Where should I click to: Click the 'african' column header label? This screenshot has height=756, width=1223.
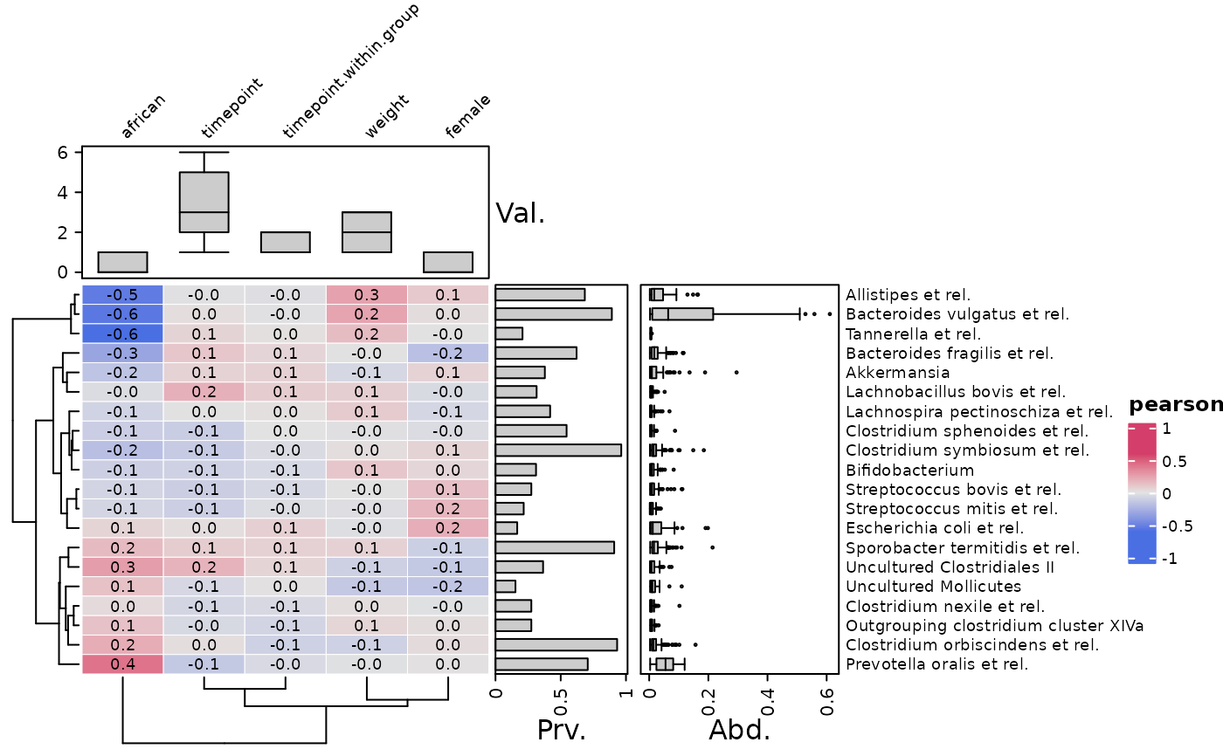[x=142, y=115]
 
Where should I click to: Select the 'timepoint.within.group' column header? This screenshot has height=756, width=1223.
[x=350, y=71]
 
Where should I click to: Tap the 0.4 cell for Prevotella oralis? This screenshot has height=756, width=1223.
[x=122, y=664]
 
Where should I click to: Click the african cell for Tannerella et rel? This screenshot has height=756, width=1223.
[x=122, y=333]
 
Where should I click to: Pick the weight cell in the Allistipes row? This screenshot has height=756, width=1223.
[x=366, y=294]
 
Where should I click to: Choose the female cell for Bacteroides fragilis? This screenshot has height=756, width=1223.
[x=447, y=353]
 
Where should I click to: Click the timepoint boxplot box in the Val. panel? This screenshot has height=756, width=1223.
[x=204, y=203]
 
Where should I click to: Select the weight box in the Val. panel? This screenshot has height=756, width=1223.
[x=367, y=232]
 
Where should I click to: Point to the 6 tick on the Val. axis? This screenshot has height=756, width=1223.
[x=62, y=152]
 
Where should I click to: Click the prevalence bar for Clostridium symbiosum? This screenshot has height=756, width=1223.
[x=558, y=450]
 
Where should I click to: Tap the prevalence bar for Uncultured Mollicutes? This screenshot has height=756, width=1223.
[x=506, y=587]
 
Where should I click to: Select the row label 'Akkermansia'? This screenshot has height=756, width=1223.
[x=898, y=373]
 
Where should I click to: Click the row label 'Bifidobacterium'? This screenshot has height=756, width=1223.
[x=909, y=471]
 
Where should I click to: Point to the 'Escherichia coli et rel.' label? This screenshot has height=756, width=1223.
[x=935, y=528]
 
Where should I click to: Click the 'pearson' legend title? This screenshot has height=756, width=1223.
[x=1176, y=405]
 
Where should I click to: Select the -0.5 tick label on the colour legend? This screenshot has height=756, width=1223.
[x=1178, y=526]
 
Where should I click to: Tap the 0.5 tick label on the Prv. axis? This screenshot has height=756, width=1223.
[x=561, y=702]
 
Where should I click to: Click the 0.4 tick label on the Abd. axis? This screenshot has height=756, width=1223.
[x=768, y=702]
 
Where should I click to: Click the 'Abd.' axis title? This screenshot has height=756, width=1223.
[x=739, y=730]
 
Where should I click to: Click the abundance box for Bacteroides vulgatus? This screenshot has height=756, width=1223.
[x=683, y=314]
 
